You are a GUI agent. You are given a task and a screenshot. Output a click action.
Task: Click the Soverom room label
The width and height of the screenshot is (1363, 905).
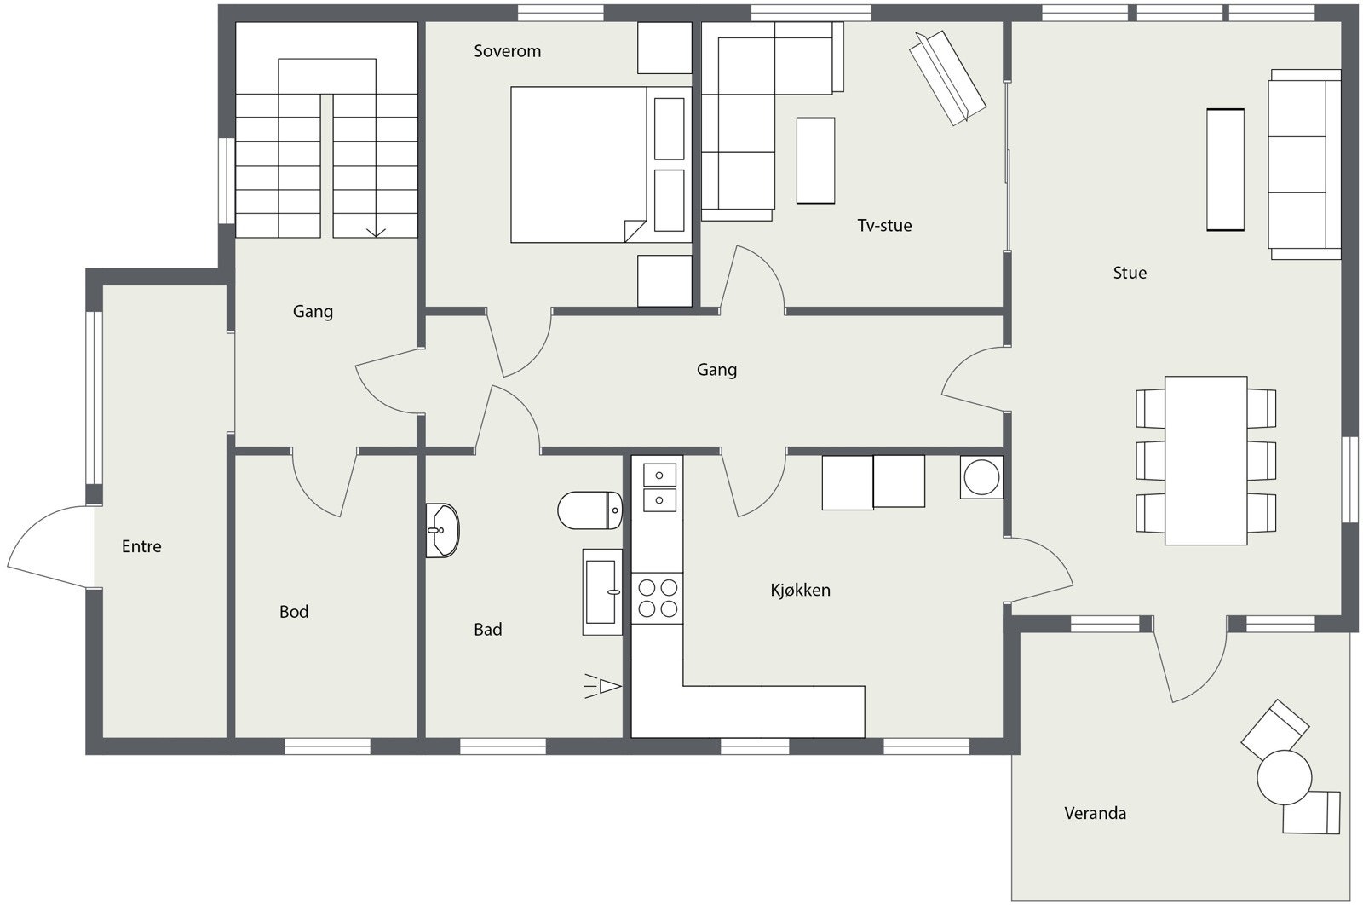pyautogui.click(x=507, y=51)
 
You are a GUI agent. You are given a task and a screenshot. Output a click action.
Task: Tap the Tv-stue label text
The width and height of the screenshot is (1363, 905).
pyautogui.click(x=884, y=226)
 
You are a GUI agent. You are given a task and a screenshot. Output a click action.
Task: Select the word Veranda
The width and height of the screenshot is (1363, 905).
pyautogui.click(x=1095, y=813)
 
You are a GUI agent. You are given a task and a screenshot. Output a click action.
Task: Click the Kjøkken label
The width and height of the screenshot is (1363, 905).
pyautogui.click(x=800, y=590)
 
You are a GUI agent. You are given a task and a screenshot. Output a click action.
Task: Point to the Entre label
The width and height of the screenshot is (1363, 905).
pyautogui.click(x=141, y=546)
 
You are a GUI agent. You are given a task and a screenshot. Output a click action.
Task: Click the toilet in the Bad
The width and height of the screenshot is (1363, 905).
pyautogui.click(x=589, y=510)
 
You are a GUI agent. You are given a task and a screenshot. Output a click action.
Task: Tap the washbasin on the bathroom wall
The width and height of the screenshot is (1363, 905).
pyautogui.click(x=442, y=530)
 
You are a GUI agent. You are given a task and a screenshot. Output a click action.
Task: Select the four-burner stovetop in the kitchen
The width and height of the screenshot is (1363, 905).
pyautogui.click(x=658, y=597)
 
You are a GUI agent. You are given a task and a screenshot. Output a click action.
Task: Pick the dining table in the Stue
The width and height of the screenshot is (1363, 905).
pyautogui.click(x=1205, y=460)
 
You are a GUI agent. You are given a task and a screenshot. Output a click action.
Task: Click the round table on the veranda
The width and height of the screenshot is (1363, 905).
pyautogui.click(x=1284, y=777)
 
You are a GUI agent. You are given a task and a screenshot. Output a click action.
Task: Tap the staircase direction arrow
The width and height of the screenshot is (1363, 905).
pyautogui.click(x=375, y=230)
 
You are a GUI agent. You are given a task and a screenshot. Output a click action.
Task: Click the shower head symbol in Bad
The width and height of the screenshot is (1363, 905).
pyautogui.click(x=605, y=686)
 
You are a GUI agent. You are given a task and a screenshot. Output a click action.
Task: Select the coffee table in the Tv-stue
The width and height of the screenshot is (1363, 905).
pyautogui.click(x=815, y=160)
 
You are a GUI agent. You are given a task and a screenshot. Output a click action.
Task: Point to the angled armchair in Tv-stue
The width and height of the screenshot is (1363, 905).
pyautogui.click(x=946, y=78)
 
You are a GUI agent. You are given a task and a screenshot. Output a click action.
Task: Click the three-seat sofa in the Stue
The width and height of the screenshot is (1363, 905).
pyautogui.click(x=1304, y=164)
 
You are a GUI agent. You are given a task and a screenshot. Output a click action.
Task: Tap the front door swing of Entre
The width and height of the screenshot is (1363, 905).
pyautogui.click(x=47, y=545)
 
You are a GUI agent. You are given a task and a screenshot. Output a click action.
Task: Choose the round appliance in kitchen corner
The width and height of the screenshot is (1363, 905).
pyautogui.click(x=981, y=477)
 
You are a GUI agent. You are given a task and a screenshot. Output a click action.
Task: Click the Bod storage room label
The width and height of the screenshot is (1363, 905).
pyautogui.click(x=294, y=612)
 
